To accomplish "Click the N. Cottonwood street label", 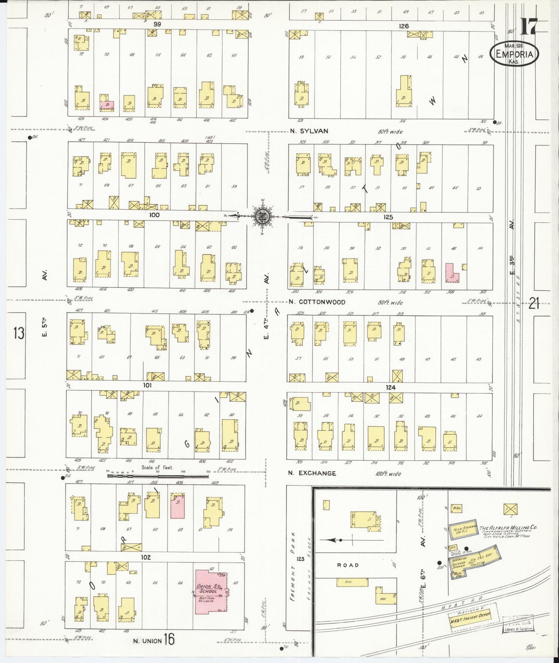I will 317,302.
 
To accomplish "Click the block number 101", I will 147,385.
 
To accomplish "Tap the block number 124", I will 390,387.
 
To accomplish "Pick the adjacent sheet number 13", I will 19,333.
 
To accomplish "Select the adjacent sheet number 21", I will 534,304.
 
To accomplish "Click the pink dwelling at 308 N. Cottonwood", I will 451,273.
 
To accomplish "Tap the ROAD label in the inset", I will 348,565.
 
